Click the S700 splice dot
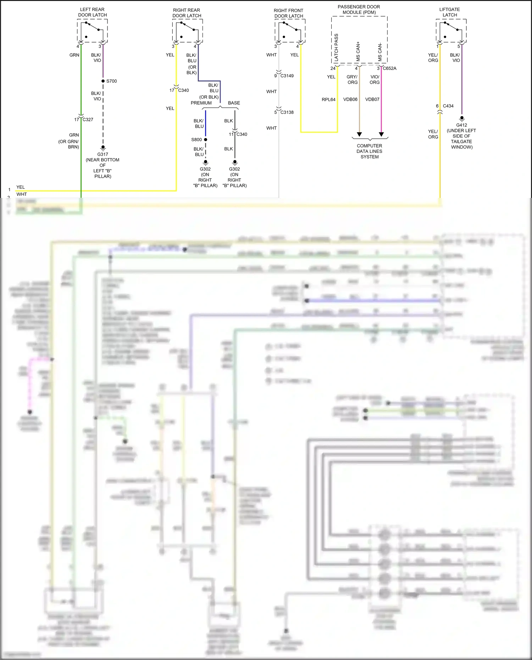tap(103, 81)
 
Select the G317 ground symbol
tap(103, 148)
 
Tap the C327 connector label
tap(88, 120)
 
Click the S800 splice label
tap(196, 140)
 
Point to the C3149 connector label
tap(287, 76)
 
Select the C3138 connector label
tap(287, 112)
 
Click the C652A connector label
tap(389, 68)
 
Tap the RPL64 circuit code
tap(328, 100)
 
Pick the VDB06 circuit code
tap(350, 100)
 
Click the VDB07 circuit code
tap(372, 100)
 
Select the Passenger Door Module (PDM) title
tap(359, 10)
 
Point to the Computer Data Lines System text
tap(369, 151)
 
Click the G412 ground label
tap(461, 125)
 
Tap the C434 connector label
tap(448, 106)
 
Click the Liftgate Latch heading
tap(449, 12)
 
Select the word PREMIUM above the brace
tap(201, 103)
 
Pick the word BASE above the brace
tap(234, 103)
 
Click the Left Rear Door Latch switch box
tap(92, 31)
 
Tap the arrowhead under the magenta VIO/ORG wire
tap(381, 134)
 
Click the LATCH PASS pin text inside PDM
tap(336, 48)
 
